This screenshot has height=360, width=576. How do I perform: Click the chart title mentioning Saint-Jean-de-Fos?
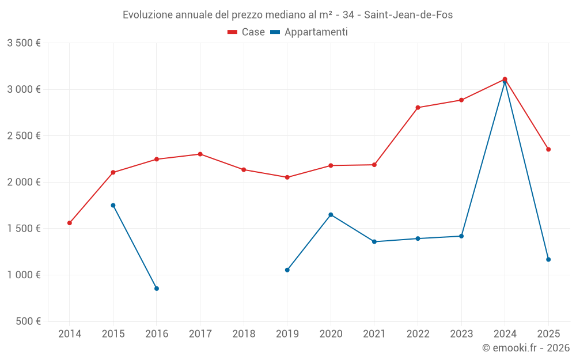287,15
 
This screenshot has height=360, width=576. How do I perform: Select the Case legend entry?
246,32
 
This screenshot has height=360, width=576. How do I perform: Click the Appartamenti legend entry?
309,32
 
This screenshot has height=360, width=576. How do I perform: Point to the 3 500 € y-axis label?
24,43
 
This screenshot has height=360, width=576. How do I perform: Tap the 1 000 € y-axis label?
24,275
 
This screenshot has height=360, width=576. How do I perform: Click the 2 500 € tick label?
24,136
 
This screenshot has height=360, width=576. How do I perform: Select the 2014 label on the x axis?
70,334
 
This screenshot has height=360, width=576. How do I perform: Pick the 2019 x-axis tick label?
287,334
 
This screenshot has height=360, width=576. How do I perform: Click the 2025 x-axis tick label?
548,334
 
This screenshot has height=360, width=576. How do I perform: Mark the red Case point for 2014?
70,223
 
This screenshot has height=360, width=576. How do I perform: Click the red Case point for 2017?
200,154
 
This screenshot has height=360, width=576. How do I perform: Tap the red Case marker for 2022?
418,108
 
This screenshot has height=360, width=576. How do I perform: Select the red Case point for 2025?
548,149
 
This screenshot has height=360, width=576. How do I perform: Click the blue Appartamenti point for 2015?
113,205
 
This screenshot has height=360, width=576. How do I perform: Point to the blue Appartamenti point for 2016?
157,289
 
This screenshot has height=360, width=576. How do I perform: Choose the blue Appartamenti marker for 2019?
287,270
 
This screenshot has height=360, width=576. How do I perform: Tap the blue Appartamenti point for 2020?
331,214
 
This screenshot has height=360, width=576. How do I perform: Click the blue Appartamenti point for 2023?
461,236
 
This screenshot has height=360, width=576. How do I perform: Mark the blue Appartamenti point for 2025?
548,259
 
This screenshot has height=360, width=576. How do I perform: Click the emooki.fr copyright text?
525,348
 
